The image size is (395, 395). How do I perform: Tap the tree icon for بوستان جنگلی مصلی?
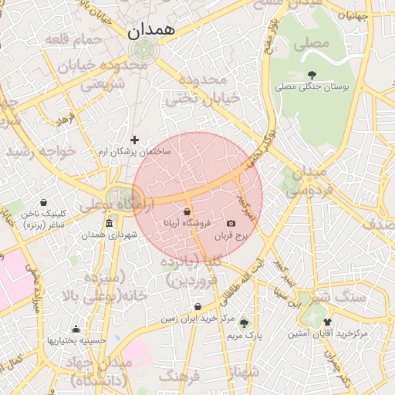click(x=311, y=75)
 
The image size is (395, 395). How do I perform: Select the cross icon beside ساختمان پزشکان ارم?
click(x=135, y=140)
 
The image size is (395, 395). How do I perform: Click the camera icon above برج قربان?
click(x=231, y=223)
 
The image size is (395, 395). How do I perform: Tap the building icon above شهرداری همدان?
click(x=108, y=225)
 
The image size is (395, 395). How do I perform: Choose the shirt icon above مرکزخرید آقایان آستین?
click(x=328, y=322)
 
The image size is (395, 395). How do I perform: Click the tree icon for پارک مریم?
click(x=245, y=323)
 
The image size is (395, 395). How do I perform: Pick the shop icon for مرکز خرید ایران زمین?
click(x=197, y=306)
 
